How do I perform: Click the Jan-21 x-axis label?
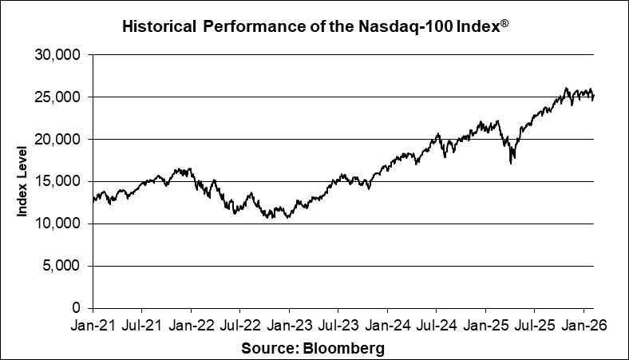click(x=93, y=326)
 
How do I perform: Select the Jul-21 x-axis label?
click(x=142, y=326)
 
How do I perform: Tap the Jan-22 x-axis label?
click(x=191, y=326)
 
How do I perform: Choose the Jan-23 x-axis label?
click(x=289, y=326)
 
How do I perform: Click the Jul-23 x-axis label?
click(x=338, y=326)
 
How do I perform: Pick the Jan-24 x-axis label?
click(x=387, y=326)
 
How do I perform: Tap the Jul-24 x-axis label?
click(x=436, y=326)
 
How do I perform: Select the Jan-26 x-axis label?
click(x=583, y=326)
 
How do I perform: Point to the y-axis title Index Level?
click(x=24, y=181)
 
